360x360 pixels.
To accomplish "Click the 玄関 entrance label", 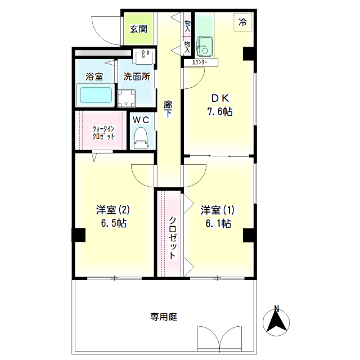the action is click(x=138, y=29).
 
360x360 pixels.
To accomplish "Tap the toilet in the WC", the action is click(x=141, y=138).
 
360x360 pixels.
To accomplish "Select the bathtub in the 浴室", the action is click(x=96, y=95).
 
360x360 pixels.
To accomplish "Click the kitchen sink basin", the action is click(x=204, y=46).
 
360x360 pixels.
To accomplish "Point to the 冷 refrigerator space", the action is click(x=243, y=22).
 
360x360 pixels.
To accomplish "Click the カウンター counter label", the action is click(x=200, y=62).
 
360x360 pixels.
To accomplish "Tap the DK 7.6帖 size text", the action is click(x=220, y=112).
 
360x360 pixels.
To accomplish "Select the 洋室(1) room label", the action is click(x=218, y=210).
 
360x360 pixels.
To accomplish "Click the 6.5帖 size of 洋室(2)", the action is click(x=114, y=223).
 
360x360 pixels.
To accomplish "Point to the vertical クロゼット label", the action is click(x=173, y=237).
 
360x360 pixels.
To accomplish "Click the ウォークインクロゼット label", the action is click(x=103, y=133).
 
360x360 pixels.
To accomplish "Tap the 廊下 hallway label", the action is click(x=168, y=109).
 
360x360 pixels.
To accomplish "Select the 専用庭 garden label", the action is click(x=164, y=317).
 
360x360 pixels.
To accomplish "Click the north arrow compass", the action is click(x=276, y=321).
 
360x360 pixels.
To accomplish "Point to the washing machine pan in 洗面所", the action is click(x=126, y=99).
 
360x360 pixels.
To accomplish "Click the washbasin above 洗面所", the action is click(x=144, y=57).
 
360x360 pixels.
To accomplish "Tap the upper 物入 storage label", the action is click(x=187, y=26).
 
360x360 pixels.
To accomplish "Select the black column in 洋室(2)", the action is click(x=79, y=235).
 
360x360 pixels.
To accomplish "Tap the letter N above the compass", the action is click(x=277, y=308).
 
